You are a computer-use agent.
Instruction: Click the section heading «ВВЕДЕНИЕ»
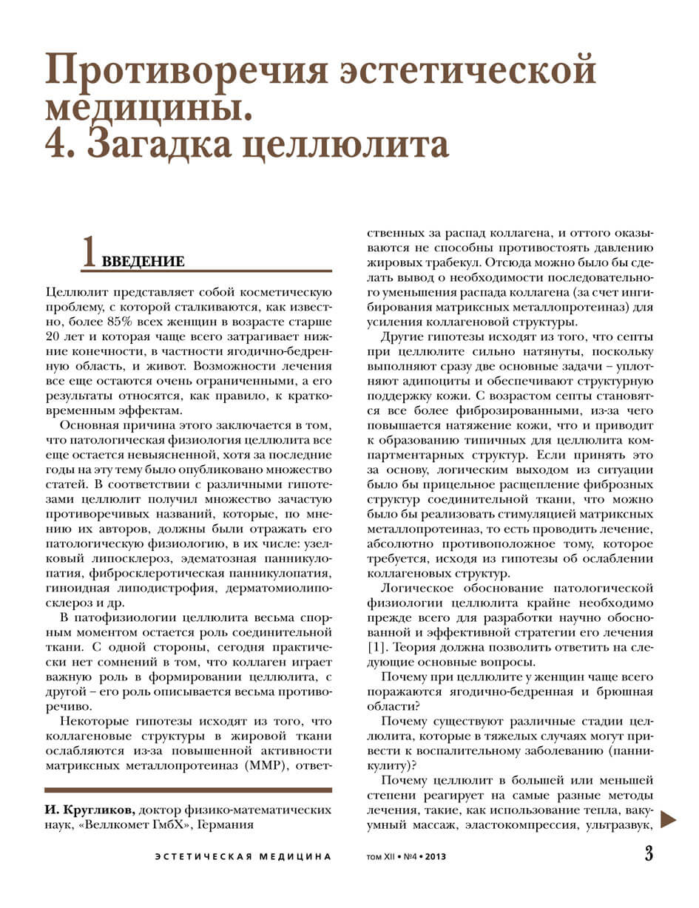(143, 262)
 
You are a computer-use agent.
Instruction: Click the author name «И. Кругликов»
(89, 809)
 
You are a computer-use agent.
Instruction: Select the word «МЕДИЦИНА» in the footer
(295, 857)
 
